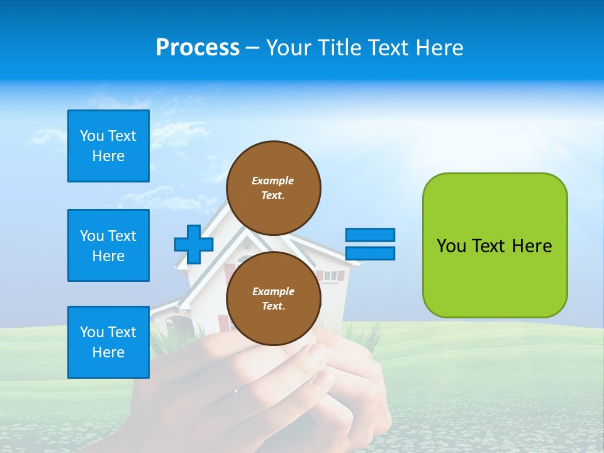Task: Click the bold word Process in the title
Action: tap(197, 47)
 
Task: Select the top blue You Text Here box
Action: tap(108, 146)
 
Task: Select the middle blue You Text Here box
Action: tap(108, 245)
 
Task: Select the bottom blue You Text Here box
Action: tap(108, 342)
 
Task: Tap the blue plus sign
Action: tap(194, 244)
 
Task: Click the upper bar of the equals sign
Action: tap(370, 235)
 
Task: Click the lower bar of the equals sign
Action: tap(370, 253)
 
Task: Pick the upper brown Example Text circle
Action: tap(273, 187)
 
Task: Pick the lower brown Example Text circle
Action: tap(273, 298)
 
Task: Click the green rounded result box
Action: tap(495, 245)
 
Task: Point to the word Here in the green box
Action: tap(532, 245)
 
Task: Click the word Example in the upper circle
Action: tap(272, 181)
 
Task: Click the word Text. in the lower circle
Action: tap(273, 306)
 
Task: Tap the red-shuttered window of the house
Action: tap(330, 276)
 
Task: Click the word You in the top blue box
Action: tap(92, 136)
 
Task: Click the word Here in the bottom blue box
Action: tap(108, 352)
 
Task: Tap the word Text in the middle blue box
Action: tap(122, 236)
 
